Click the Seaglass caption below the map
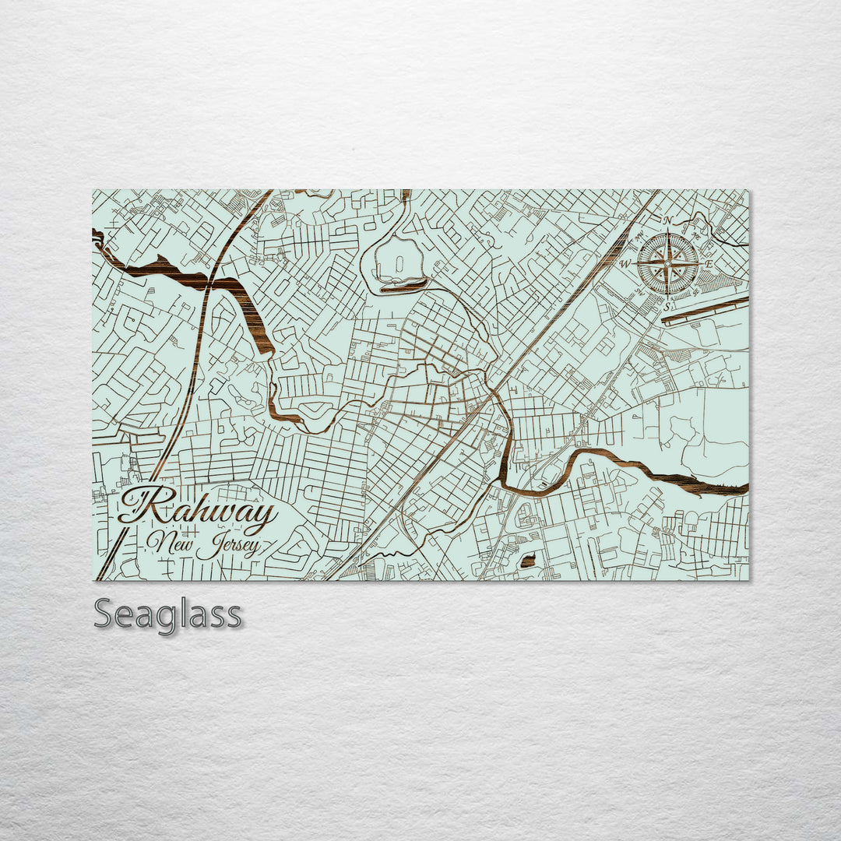tap(167, 614)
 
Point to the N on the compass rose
tap(667, 220)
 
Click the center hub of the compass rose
tap(667, 264)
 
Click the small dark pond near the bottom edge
tap(528, 561)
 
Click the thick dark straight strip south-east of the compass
tap(705, 309)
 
